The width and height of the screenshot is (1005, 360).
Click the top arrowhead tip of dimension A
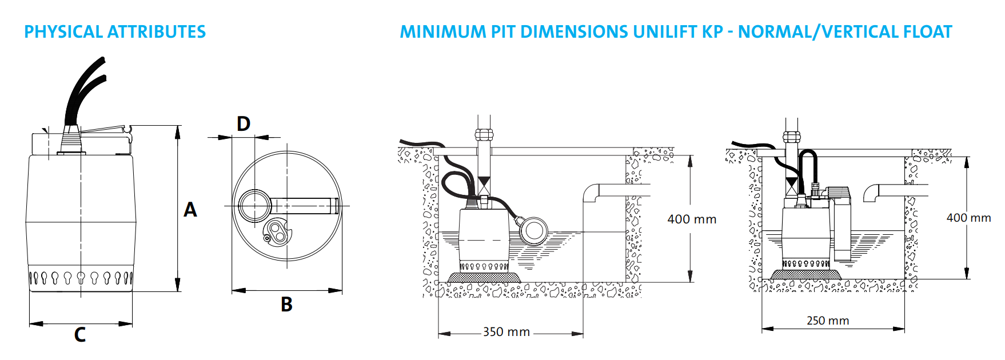pyautogui.click(x=178, y=126)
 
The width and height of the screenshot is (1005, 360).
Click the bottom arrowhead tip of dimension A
pyautogui.click(x=178, y=291)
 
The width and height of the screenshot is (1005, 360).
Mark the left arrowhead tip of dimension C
pyautogui.click(x=29, y=323)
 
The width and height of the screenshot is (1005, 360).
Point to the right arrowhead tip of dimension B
pyautogui.click(x=342, y=290)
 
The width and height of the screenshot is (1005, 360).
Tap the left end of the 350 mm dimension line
pyautogui.click(x=438, y=333)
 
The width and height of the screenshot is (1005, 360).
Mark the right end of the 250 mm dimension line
pyautogui.click(x=905, y=329)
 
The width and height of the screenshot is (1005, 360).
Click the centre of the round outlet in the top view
pyautogui.click(x=254, y=205)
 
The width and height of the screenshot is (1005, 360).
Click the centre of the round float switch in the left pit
pyautogui.click(x=534, y=230)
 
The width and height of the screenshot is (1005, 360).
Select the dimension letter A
pyautogui.click(x=190, y=210)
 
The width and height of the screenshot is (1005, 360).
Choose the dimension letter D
pyautogui.click(x=244, y=123)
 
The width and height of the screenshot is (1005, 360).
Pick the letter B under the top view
pyautogui.click(x=286, y=304)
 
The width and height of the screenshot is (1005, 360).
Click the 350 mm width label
pyautogui.click(x=507, y=332)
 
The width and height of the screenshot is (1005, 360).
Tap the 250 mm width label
pyautogui.click(x=828, y=321)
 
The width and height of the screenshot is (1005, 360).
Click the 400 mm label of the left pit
pyautogui.click(x=692, y=219)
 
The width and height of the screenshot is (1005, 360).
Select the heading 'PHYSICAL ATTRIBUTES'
pyautogui.click(x=115, y=32)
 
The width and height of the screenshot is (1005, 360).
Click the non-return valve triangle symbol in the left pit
pyautogui.click(x=484, y=183)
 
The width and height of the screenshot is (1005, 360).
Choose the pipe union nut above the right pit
pyautogui.click(x=791, y=137)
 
